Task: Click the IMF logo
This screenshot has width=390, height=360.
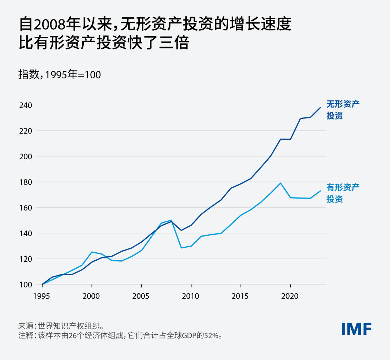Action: pos(356,329)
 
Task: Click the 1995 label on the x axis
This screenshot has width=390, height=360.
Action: pos(42,296)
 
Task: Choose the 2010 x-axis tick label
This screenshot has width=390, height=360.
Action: pos(191,296)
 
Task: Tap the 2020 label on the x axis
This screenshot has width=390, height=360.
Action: pos(290,296)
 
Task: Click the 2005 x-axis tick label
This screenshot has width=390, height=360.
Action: pos(141,296)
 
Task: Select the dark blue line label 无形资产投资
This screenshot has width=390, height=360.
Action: pos(343,110)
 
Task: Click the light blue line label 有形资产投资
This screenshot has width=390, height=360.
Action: pos(343,193)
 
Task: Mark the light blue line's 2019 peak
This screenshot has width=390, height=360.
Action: pos(280,183)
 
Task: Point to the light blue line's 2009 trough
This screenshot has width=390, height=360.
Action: pos(181,248)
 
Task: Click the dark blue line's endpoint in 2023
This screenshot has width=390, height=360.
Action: pos(320,108)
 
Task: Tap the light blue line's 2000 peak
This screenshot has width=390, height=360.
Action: pos(92,252)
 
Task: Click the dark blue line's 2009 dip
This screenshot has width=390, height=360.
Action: pos(181,230)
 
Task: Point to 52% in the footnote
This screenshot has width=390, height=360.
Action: pos(212,335)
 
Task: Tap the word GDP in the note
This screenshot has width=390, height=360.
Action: pos(188,335)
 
